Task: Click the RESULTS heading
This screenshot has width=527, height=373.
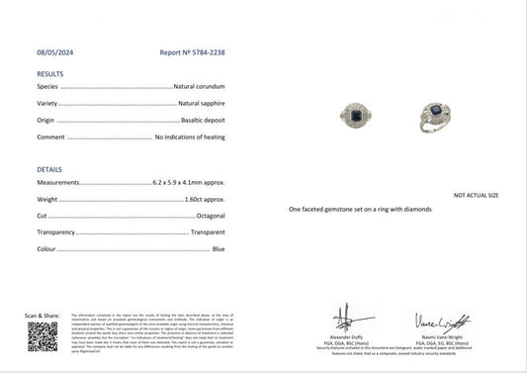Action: tap(49, 74)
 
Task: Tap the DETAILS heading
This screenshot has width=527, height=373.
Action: tap(49, 169)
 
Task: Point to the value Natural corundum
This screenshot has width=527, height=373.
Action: tap(202, 87)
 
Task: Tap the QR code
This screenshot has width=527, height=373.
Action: tap(42, 335)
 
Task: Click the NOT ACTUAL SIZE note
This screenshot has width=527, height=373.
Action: tap(476, 196)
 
